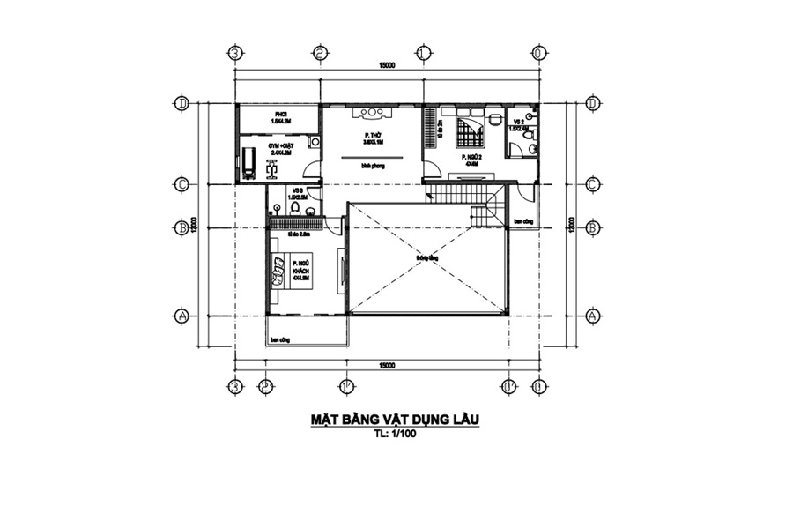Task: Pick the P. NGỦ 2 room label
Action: click(x=469, y=160)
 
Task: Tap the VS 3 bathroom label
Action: click(x=300, y=193)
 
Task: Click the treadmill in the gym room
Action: click(x=250, y=162)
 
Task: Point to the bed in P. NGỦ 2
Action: click(x=467, y=133)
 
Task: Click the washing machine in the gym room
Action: click(x=315, y=141)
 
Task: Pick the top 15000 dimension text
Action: click(x=385, y=65)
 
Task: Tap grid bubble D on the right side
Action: click(x=592, y=104)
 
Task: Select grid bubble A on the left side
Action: click(x=182, y=315)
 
